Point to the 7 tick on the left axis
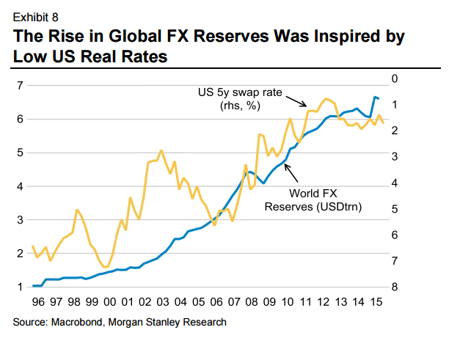(19, 86)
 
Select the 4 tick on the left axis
(19, 186)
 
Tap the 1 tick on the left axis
(19, 287)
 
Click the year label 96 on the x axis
(37, 301)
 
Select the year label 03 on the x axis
(163, 301)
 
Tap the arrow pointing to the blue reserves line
(289, 171)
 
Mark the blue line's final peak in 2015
(376, 97)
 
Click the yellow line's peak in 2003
(161, 150)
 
